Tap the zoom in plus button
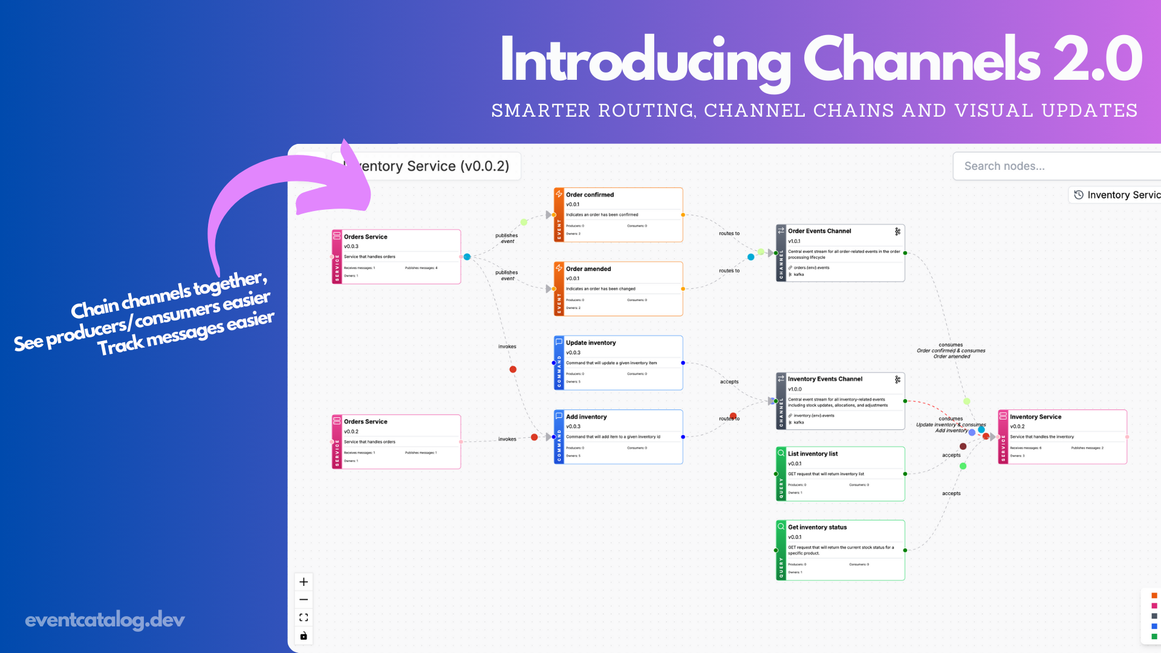pyautogui.click(x=304, y=582)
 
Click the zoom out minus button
pyautogui.click(x=304, y=600)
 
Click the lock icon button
pyautogui.click(x=304, y=635)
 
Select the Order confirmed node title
pyautogui.click(x=590, y=195)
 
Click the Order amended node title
pyautogui.click(x=588, y=269)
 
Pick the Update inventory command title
pyautogui.click(x=591, y=343)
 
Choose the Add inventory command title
pyautogui.click(x=586, y=417)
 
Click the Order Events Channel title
pyautogui.click(x=819, y=231)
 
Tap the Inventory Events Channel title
pyautogui.click(x=825, y=379)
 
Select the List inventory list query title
pyautogui.click(x=813, y=453)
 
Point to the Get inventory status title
pyautogui.click(x=817, y=527)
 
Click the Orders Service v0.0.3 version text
pyautogui.click(x=351, y=247)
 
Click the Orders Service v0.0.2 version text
pyautogui.click(x=351, y=432)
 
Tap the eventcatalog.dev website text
pyautogui.click(x=105, y=620)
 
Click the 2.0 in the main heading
pyautogui.click(x=1098, y=59)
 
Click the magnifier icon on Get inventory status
pyautogui.click(x=781, y=527)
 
